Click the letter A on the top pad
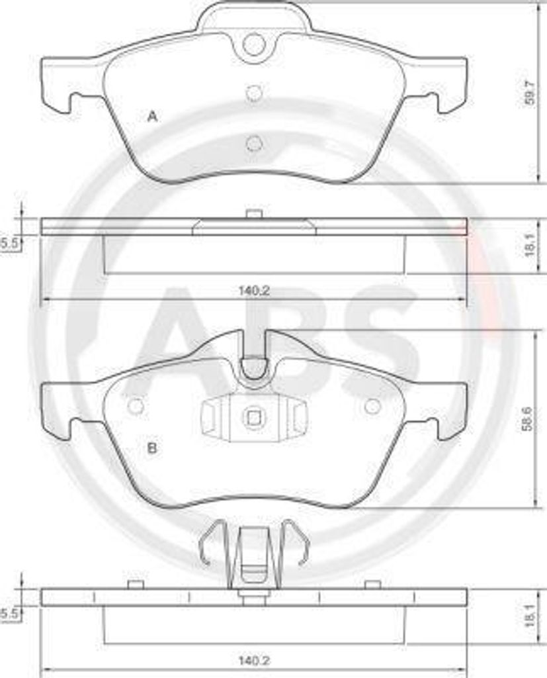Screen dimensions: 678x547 (x=152, y=117)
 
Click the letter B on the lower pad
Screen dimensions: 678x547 (x=151, y=448)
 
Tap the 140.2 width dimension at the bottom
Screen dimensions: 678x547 (x=254, y=659)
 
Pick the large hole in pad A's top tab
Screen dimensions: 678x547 (x=253, y=44)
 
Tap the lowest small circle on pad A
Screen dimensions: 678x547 (x=253, y=142)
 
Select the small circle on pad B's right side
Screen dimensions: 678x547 (x=372, y=406)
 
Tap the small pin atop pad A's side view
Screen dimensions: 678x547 (x=253, y=213)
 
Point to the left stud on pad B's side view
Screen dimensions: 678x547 (x=136, y=583)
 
